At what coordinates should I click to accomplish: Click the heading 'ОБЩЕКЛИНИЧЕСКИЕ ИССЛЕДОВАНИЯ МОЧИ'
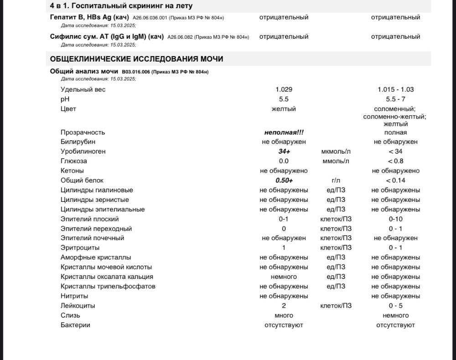[136, 59]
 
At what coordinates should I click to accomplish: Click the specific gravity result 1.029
[284, 89]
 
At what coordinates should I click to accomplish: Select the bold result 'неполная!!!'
[284, 132]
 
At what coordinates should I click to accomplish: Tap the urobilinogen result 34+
[284, 151]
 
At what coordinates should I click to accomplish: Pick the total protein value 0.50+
[284, 180]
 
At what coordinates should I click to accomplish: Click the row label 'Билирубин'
[76, 142]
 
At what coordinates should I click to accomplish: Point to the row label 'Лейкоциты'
[78, 306]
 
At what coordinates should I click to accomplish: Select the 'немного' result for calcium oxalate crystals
[284, 277]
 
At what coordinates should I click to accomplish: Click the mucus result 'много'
[284, 315]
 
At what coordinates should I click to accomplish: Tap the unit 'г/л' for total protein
[336, 180]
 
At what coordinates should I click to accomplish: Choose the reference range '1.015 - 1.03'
[395, 89]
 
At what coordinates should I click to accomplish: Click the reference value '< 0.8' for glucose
[395, 161]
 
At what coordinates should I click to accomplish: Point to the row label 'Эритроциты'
[79, 247]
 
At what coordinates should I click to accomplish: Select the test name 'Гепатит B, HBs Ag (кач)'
[89, 17]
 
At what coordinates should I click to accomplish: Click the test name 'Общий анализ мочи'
[84, 72]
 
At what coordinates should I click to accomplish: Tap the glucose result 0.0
[284, 161]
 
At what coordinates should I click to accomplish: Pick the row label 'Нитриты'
[74, 296]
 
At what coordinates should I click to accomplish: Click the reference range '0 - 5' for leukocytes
[395, 306]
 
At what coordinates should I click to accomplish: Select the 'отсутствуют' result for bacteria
[284, 325]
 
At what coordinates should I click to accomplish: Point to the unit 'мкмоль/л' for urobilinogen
[336, 151]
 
